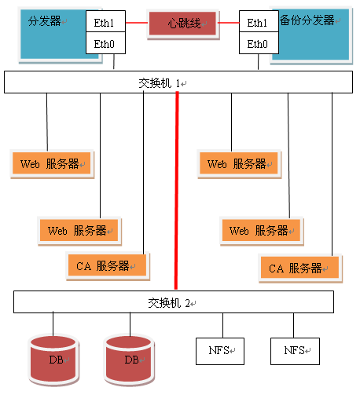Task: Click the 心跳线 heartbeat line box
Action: coord(183,24)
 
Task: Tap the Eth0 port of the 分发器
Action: coord(105,43)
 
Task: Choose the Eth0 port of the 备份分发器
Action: coord(259,43)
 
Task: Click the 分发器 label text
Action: coord(45,21)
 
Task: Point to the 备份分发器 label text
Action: coord(307,20)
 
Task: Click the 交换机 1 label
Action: coord(160,83)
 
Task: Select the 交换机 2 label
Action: coord(169,303)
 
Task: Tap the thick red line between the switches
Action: coord(177,191)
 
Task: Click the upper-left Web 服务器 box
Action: coord(52,164)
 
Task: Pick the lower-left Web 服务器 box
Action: coord(79,231)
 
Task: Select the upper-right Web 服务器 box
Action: coord(239,164)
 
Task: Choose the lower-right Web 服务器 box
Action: coord(261,231)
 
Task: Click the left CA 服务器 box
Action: coord(108,266)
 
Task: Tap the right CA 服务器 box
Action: coord(300,269)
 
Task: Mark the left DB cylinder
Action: coord(53,360)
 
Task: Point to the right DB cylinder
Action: coord(129,360)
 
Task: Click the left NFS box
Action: coord(220,351)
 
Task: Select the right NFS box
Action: coord(295,351)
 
